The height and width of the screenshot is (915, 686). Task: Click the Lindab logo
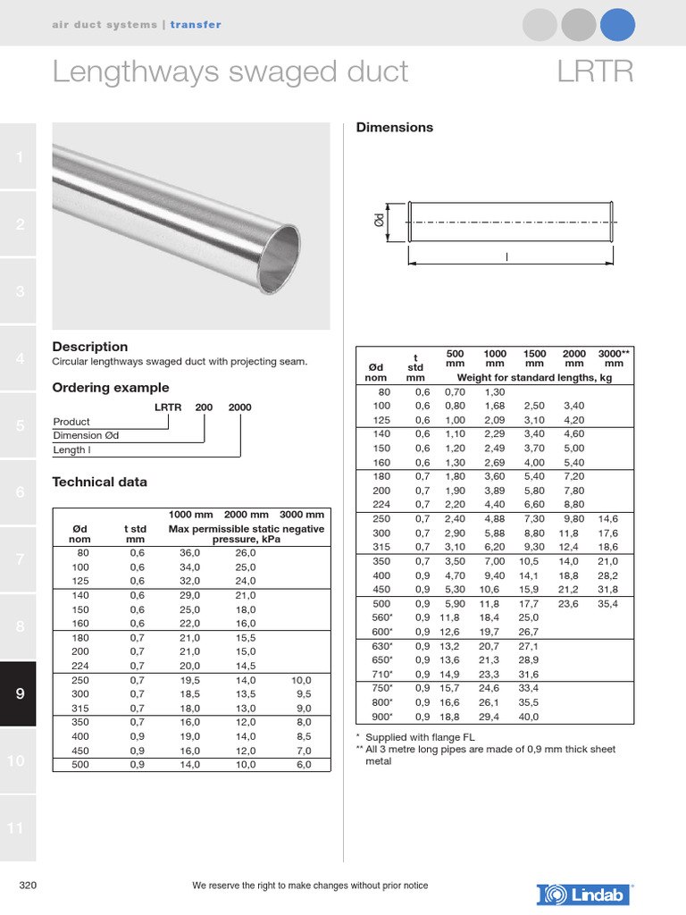tap(585, 894)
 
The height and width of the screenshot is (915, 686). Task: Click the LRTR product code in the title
tap(595, 71)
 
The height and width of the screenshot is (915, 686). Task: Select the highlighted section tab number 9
tap(19, 693)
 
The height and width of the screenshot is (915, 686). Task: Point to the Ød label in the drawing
tap(380, 220)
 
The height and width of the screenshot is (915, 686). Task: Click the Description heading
tap(90, 347)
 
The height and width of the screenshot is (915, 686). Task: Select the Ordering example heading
tap(111, 388)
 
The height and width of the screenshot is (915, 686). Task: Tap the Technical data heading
tap(100, 483)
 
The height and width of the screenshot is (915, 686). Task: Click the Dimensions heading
tap(395, 128)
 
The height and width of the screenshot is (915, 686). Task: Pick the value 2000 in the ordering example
tap(239, 407)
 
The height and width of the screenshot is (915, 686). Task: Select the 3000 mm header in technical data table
tap(302, 515)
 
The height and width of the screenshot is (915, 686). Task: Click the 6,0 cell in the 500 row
tap(303, 765)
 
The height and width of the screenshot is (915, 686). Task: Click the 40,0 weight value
tap(529, 717)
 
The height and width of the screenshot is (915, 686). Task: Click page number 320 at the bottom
tap(28, 886)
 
